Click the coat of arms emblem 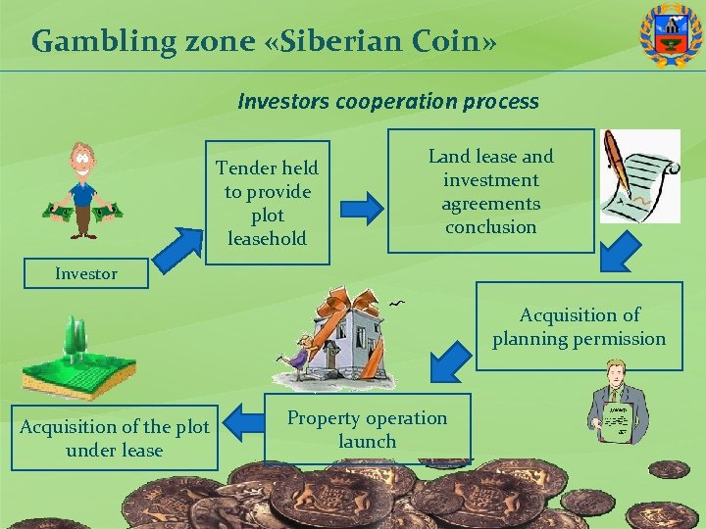(671, 35)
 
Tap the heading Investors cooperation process (388, 101)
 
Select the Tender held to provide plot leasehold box (267, 204)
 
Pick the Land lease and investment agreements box (490, 191)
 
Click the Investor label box (85, 274)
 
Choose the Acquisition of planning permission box (579, 326)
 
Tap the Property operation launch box (368, 429)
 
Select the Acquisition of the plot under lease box (115, 438)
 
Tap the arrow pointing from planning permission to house (451, 361)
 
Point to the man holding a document (616, 403)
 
